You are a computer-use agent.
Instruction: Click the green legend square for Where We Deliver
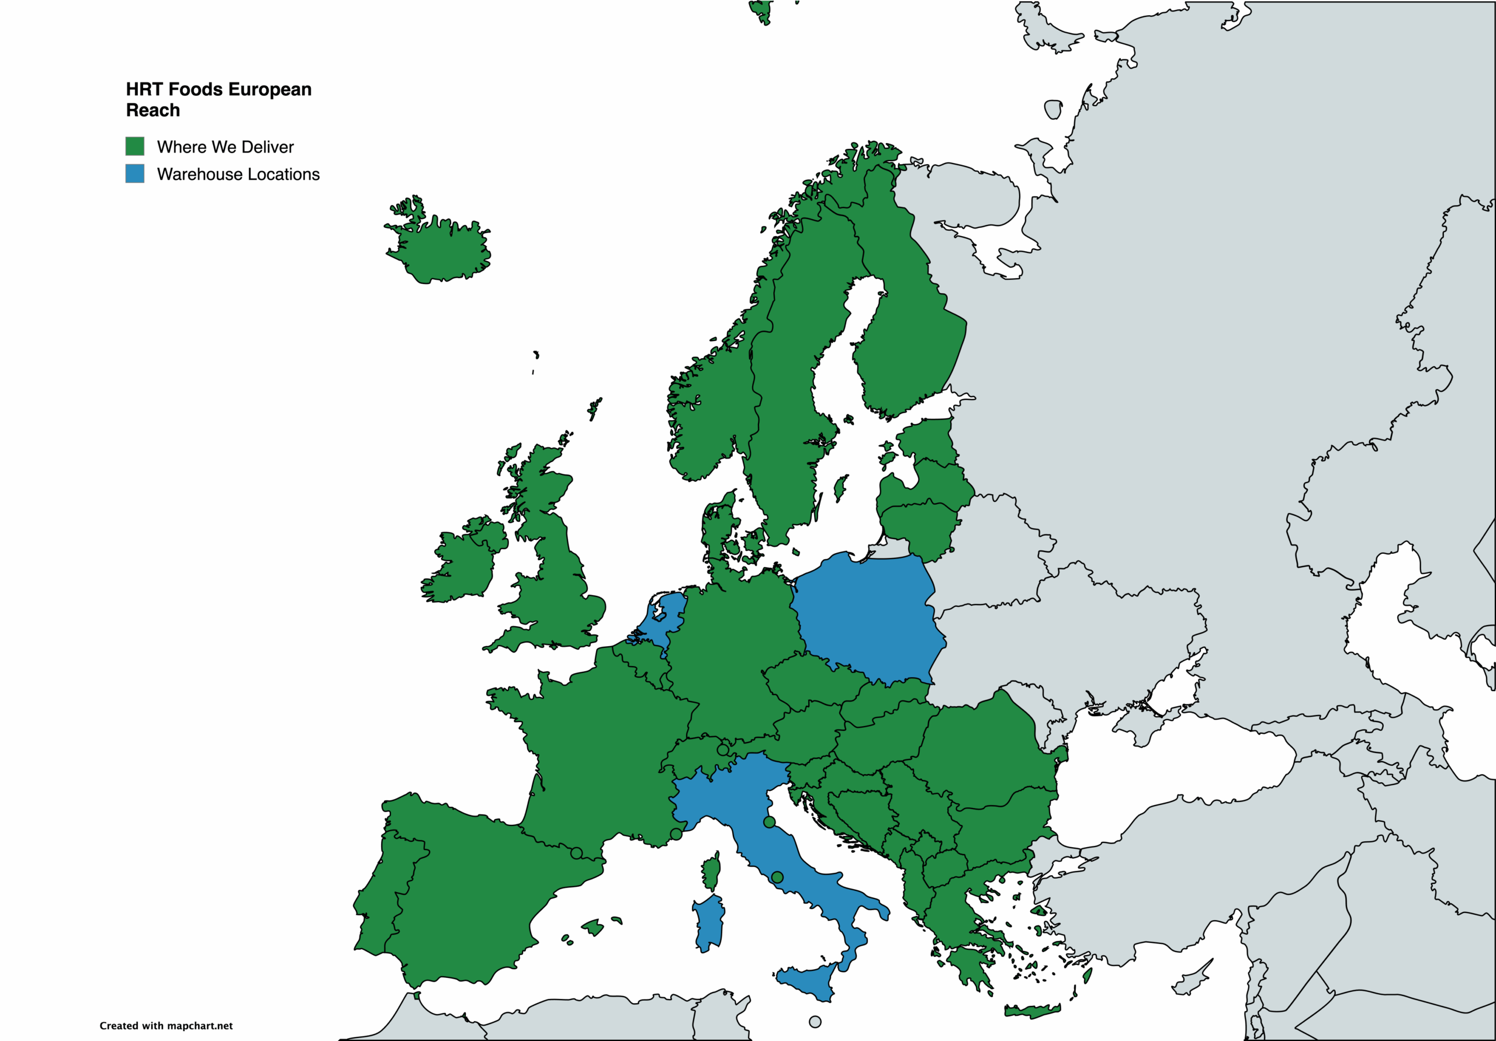tap(135, 146)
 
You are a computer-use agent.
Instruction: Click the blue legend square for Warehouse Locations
tap(135, 173)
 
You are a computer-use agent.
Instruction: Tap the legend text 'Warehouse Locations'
tap(238, 175)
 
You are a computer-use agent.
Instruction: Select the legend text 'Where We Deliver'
tap(225, 147)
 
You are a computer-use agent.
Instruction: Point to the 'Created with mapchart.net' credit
tap(165, 1025)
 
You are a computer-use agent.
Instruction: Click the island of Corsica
tap(712, 873)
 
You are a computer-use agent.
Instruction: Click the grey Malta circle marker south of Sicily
tap(815, 1022)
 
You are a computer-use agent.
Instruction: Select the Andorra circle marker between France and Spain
tap(576, 853)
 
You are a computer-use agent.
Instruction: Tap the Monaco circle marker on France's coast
tap(676, 834)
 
